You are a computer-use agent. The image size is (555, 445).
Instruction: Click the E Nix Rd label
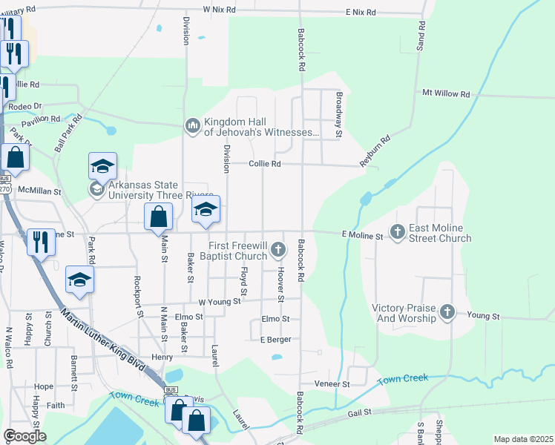pos(360,13)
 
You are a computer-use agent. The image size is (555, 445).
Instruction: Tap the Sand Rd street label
pos(422,36)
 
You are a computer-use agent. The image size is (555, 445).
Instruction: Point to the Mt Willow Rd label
pos(446,94)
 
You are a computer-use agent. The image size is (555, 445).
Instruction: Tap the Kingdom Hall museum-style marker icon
pos(193,126)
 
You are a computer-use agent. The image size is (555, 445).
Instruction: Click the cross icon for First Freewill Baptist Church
pos(278,249)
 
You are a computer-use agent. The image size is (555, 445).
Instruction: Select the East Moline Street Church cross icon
pos(398,232)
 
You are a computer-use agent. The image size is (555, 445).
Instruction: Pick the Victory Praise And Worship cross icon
pos(447,312)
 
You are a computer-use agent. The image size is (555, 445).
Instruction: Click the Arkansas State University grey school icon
pos(96,189)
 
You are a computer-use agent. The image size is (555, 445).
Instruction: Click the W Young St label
pos(220,302)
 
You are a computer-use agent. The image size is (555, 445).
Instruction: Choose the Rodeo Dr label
pos(24,106)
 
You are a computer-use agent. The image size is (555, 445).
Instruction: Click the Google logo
pos(24,436)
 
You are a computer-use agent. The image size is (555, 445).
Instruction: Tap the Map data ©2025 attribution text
pos(522,439)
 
